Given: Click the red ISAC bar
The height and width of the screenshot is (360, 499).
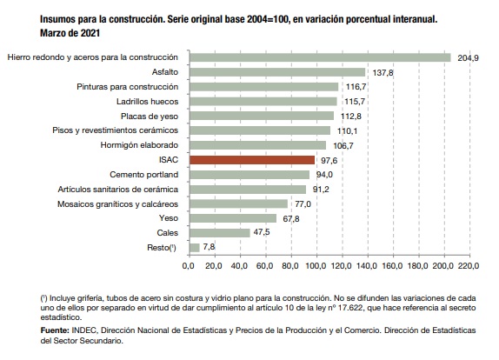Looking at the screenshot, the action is point(252,160).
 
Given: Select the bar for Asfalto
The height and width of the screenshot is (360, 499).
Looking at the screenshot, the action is point(277,72).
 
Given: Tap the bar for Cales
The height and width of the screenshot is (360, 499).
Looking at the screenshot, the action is point(220,233).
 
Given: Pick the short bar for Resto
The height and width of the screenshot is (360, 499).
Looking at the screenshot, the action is point(195,248).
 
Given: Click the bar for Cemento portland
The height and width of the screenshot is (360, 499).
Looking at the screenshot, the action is point(249,175).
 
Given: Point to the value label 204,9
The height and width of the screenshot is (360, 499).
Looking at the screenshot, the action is point(468,58).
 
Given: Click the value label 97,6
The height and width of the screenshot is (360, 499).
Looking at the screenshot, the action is point(329,160).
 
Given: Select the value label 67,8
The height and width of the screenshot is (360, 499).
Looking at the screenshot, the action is point(291,219).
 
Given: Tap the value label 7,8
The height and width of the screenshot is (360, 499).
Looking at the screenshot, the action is point(209,247).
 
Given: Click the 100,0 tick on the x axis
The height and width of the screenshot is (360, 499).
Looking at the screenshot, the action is point(316,265).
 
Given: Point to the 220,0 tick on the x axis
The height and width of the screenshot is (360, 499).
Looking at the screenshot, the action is point(469,265).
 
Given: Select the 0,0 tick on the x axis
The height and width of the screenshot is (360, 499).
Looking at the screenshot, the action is point(189,265).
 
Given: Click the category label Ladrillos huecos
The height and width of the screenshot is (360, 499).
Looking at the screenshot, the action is point(147,102).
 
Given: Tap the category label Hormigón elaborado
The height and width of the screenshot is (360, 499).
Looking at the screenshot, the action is point(139,145).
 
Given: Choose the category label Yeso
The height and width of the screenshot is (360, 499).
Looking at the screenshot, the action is point(169,218).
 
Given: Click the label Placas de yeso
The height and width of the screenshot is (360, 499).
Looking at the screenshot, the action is point(150,117).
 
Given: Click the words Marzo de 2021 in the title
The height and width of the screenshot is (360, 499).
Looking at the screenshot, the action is point(70,33).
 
